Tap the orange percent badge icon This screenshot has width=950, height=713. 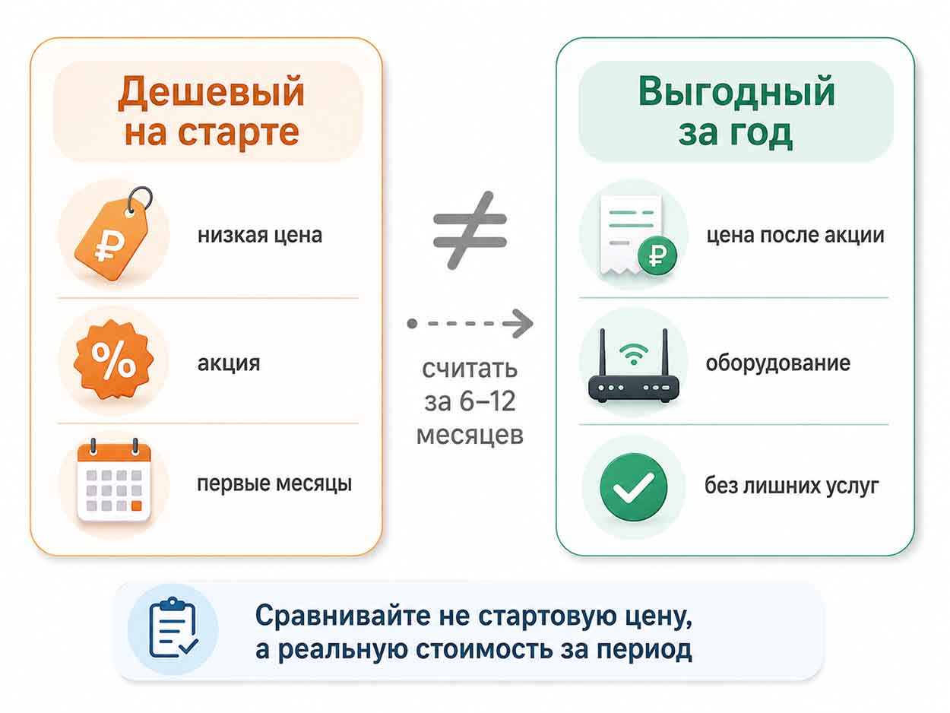pyautogui.click(x=113, y=360)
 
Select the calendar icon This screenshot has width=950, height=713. pyautogui.click(x=114, y=480)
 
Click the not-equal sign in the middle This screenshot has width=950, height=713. pyautogui.click(x=470, y=230)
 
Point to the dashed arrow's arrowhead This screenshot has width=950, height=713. pyautogui.click(x=521, y=323)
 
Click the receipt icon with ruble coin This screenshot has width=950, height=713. pyautogui.click(x=637, y=236)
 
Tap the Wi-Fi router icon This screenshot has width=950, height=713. pyautogui.click(x=633, y=366)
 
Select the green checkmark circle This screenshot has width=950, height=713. pyautogui.click(x=634, y=486)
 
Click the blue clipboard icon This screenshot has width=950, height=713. pyautogui.click(x=173, y=628)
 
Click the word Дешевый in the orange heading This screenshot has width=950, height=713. pyautogui.click(x=211, y=92)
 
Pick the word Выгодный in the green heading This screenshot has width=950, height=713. pyautogui.click(x=736, y=91)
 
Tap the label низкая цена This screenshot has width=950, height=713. pyautogui.click(x=260, y=236)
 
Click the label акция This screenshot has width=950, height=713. pyautogui.click(x=229, y=363)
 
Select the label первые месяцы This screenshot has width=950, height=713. pyautogui.click(x=274, y=483)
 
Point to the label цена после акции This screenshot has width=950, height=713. pyautogui.click(x=796, y=236)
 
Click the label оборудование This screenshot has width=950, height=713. pyautogui.click(x=777, y=363)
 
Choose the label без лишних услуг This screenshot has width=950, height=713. pyautogui.click(x=792, y=485)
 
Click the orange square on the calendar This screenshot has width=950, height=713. pyautogui.click(x=136, y=505)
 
